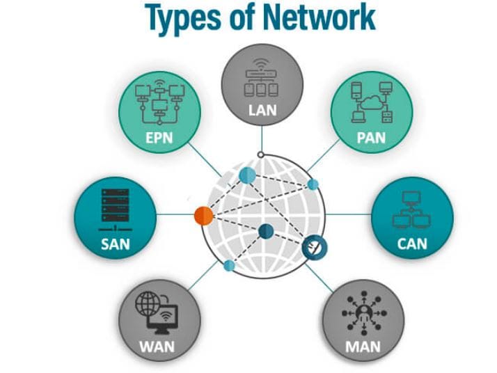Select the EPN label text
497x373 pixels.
[x=159, y=137]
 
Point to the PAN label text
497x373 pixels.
[x=370, y=138]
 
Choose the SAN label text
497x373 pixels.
[x=116, y=244]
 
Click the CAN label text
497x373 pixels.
[x=411, y=244]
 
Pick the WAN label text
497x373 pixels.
[x=157, y=346]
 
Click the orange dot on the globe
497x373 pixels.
[x=203, y=215]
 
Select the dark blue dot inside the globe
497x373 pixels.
[x=265, y=232]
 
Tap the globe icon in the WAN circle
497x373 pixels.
[x=149, y=304]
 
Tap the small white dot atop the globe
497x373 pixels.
[x=260, y=154]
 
